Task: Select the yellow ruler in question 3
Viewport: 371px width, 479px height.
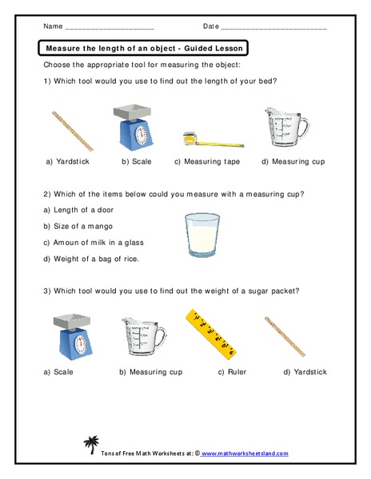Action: tap(209, 332)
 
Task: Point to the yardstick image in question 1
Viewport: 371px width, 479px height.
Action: tap(72, 130)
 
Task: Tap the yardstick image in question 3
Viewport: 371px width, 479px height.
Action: tap(288, 335)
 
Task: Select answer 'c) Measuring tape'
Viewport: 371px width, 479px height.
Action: tap(206, 162)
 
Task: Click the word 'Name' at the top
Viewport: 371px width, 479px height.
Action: tap(53, 26)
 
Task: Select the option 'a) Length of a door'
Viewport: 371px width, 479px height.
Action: tap(78, 209)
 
